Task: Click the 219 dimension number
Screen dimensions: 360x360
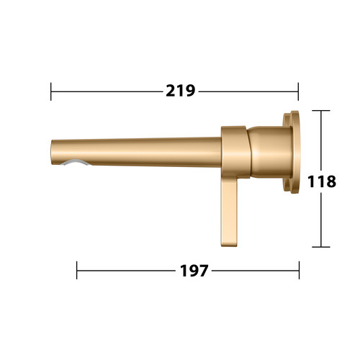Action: pos(181,91)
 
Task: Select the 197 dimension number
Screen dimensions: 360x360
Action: pos(194,271)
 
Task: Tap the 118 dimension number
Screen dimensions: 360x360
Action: pos(322,181)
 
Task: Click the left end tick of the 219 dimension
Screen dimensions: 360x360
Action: pos(51,91)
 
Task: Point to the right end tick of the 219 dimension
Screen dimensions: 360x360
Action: pos(298,91)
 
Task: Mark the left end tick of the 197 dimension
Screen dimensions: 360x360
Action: pos(77,270)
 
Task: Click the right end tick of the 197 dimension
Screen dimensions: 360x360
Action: pos(300,270)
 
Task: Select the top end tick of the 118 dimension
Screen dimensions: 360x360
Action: pos(321,110)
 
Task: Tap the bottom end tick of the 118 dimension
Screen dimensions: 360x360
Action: pos(321,247)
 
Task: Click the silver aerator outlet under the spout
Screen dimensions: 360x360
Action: pos(76,162)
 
